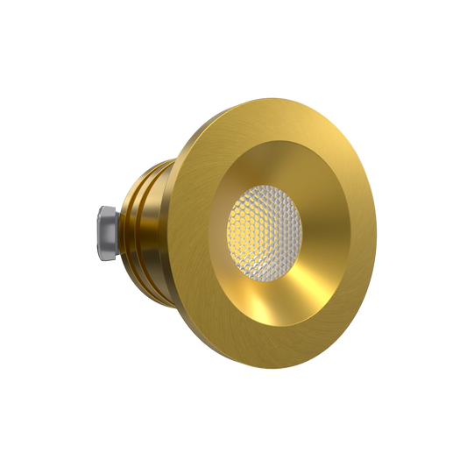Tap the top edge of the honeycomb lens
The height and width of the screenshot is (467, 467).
[x=265, y=187]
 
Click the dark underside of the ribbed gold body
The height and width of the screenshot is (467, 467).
[x=149, y=280]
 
